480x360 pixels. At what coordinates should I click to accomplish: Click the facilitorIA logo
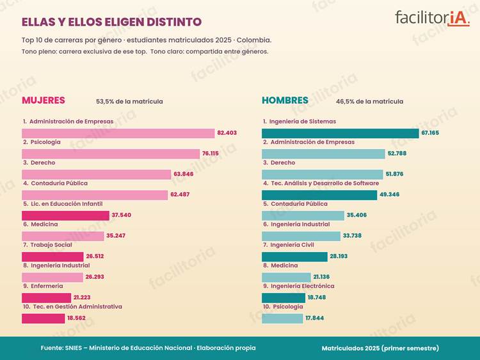point(432,19)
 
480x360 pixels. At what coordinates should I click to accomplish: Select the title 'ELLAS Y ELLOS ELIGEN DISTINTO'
point(112,22)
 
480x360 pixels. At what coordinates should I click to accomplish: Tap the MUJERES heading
point(44,100)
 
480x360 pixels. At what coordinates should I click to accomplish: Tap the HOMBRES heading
point(285,100)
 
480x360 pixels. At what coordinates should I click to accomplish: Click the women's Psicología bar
point(111,154)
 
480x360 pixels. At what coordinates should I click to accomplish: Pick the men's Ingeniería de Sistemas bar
point(340,134)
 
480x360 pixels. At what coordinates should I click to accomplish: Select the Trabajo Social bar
point(52,256)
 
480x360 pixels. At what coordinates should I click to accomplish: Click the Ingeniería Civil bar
point(294,256)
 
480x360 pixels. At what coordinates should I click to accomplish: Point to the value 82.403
point(227,133)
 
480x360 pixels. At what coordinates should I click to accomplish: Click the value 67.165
point(430,133)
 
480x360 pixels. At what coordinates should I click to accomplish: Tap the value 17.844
point(315,318)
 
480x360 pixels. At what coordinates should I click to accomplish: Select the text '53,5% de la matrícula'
point(129,101)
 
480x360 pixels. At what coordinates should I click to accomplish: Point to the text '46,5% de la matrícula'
point(369,101)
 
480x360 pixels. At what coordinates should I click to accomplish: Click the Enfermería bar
point(47,297)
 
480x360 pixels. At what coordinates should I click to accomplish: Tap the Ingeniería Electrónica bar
point(284,297)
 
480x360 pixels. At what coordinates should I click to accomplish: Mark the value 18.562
point(77,318)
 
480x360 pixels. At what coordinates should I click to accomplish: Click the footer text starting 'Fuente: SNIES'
point(148,348)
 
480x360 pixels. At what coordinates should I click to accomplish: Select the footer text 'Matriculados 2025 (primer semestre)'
point(380,348)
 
